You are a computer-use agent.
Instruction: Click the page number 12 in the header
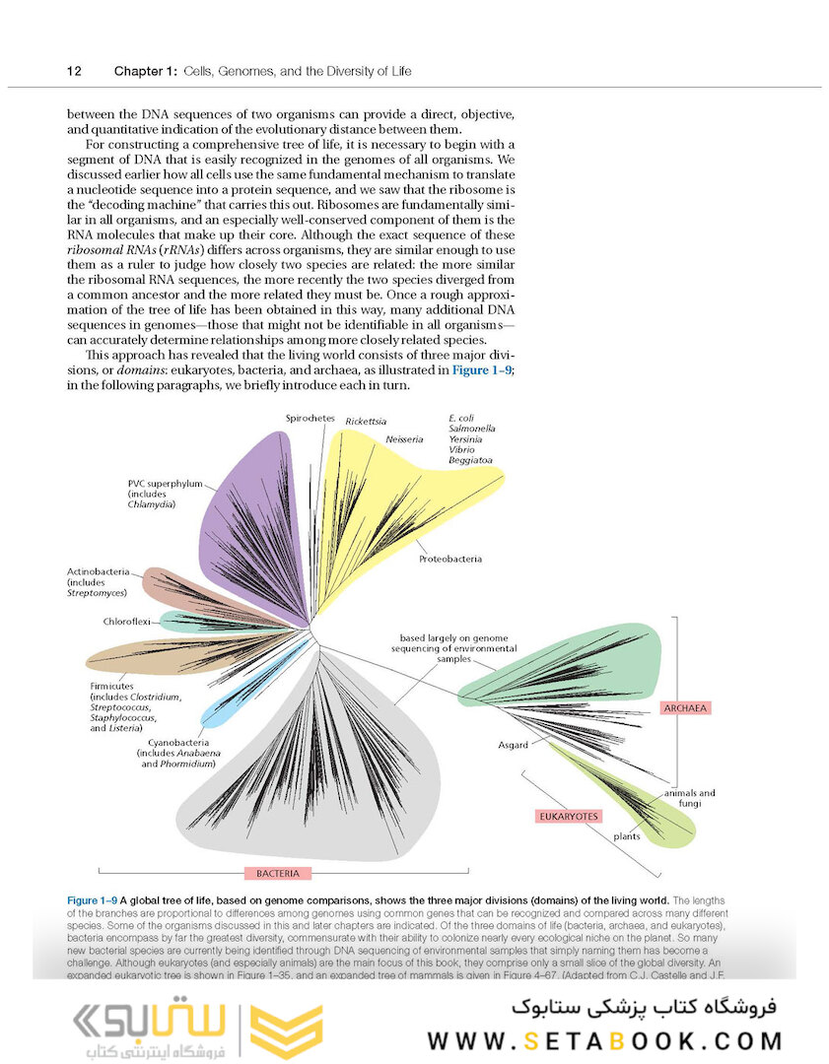point(73,71)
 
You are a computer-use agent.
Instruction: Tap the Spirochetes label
point(311,418)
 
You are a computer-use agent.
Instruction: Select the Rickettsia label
point(366,421)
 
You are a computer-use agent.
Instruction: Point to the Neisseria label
point(405,438)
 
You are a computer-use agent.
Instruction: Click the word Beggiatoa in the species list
point(470,460)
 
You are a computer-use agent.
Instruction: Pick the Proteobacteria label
point(450,559)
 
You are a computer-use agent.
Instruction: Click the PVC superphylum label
point(165,484)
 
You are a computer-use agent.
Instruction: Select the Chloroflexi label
point(126,622)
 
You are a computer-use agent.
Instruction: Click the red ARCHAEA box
point(686,707)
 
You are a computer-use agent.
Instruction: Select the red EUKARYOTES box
point(568,817)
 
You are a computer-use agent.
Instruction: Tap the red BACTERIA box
point(278,873)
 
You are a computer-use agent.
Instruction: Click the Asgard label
point(513,745)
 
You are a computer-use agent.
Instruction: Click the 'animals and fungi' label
point(689,798)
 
